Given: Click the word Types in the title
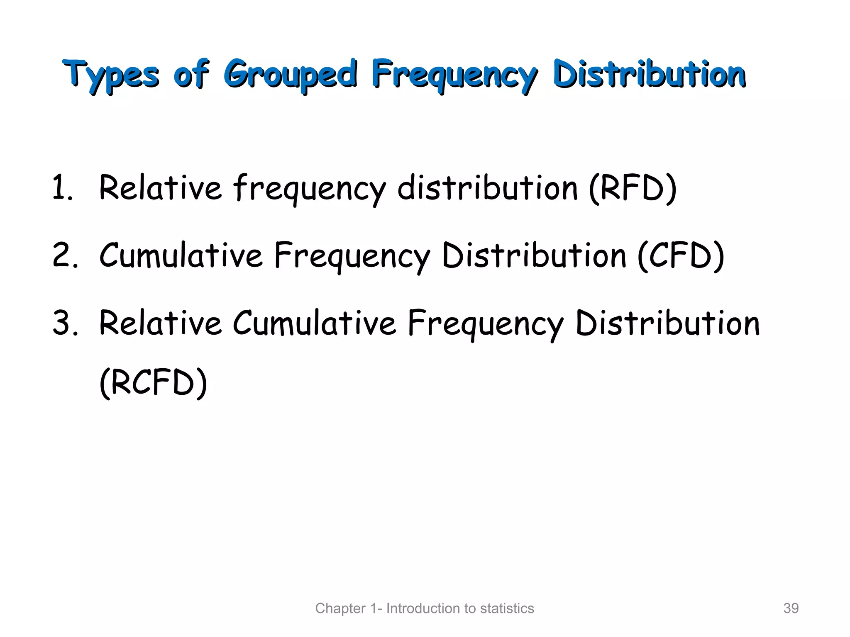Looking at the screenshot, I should click(x=111, y=75).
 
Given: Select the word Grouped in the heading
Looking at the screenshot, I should click(x=291, y=75).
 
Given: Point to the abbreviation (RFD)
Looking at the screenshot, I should click(x=633, y=188).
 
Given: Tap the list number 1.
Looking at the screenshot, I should click(x=62, y=188).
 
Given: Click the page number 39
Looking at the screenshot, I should click(x=791, y=608).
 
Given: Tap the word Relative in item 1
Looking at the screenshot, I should click(x=160, y=188).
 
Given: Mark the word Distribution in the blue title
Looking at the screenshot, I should click(x=650, y=75).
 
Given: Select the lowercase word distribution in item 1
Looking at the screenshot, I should click(x=487, y=188).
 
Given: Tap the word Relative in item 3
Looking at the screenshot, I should click(x=160, y=323).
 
